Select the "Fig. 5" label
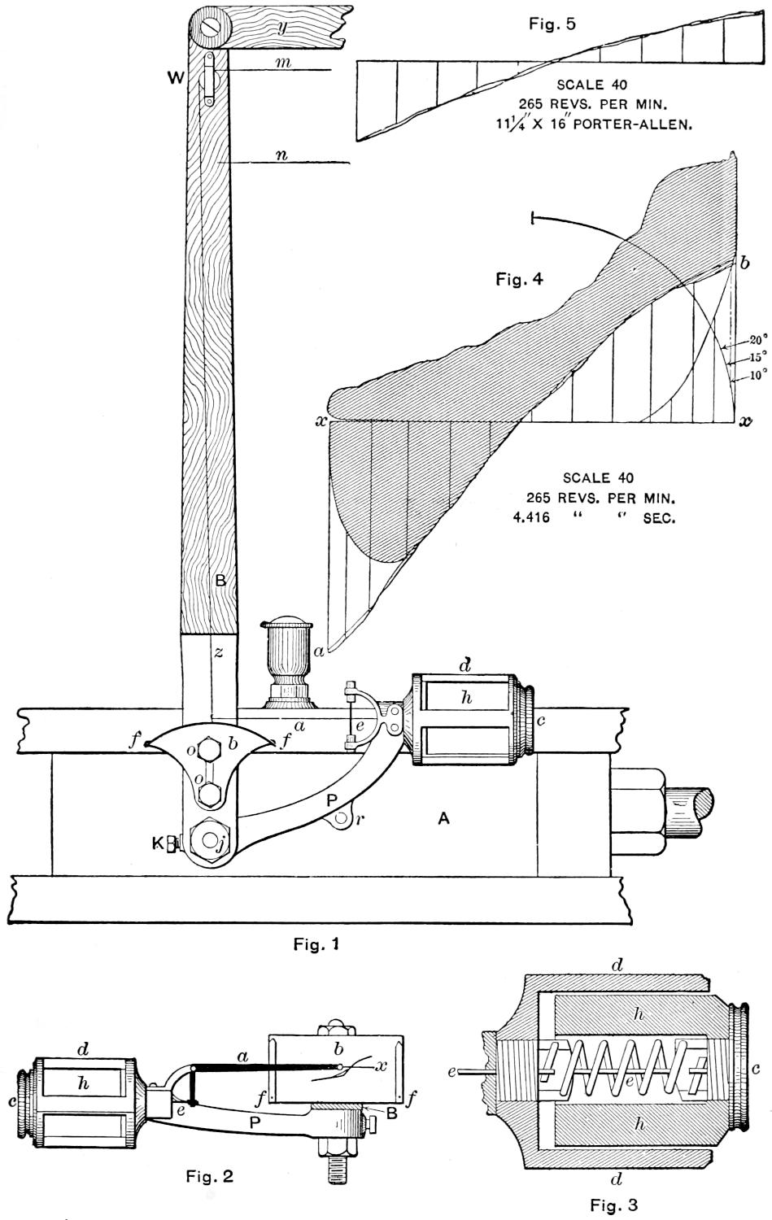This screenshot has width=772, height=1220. (552, 24)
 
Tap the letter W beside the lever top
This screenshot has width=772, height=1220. (175, 80)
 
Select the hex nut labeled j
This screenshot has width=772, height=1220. (208, 842)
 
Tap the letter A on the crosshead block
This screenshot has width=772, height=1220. (443, 820)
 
